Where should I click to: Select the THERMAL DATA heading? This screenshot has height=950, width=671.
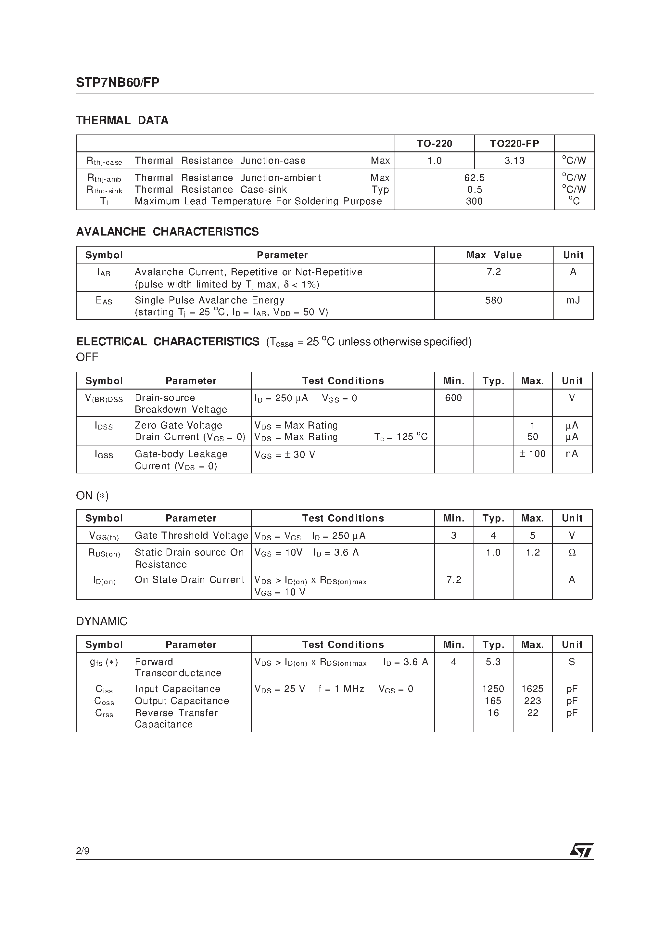pyautogui.click(x=122, y=121)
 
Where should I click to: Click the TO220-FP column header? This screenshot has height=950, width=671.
pyautogui.click(x=514, y=144)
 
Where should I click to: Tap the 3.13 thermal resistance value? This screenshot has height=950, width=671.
pyautogui.click(x=514, y=160)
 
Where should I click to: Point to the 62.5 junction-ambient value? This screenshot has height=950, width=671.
pyautogui.click(x=474, y=178)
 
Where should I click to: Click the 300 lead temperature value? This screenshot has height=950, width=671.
pyautogui.click(x=474, y=201)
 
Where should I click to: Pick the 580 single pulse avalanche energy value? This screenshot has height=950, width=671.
pyautogui.click(x=494, y=301)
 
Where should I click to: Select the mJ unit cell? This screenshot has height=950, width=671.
pyautogui.click(x=573, y=301)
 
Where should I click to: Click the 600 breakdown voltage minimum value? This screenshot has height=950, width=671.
pyautogui.click(x=453, y=398)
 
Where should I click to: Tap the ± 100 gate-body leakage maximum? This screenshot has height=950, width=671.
pyautogui.click(x=532, y=454)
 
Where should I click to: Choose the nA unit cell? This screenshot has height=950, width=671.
pyautogui.click(x=572, y=454)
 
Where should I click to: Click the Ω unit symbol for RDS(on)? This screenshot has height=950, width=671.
pyautogui.click(x=572, y=553)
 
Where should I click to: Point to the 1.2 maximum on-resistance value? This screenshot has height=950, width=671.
pyautogui.click(x=532, y=553)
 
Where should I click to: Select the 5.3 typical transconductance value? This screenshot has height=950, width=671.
pyautogui.click(x=493, y=662)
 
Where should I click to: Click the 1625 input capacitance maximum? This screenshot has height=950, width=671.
pyautogui.click(x=532, y=689)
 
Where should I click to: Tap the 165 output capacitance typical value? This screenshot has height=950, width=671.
pyautogui.click(x=493, y=701)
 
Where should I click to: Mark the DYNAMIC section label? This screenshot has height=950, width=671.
pyautogui.click(x=102, y=622)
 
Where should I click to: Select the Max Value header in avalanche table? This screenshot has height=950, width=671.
pyautogui.click(x=494, y=255)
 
